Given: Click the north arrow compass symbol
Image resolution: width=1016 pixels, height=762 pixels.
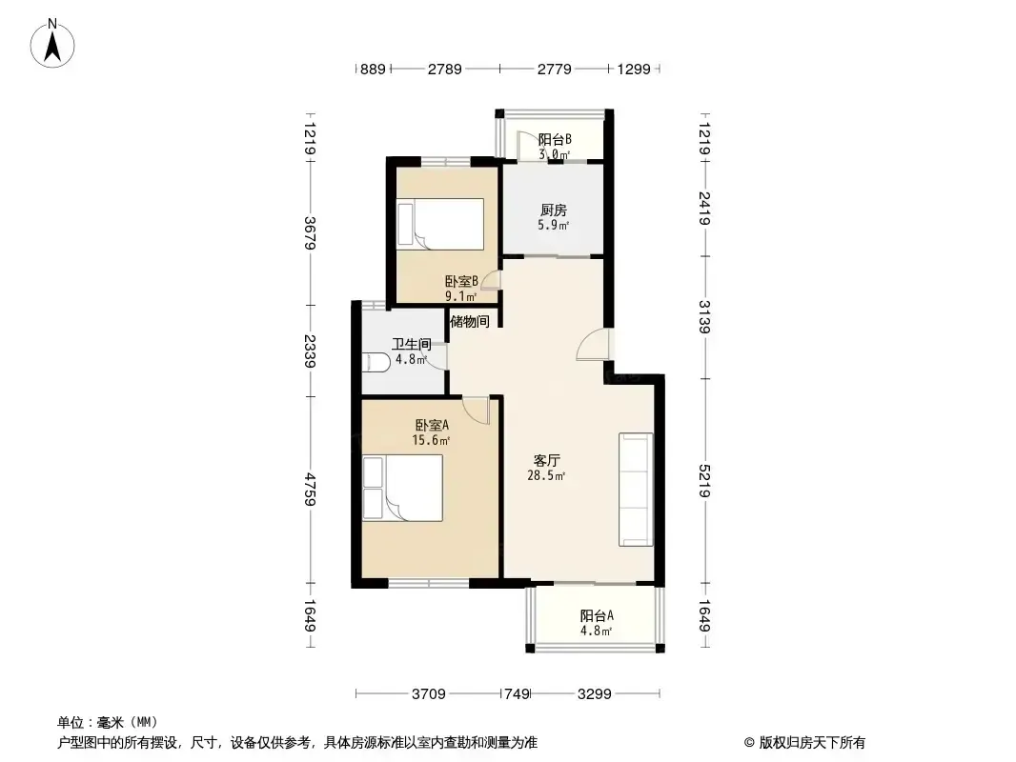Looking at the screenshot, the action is pos(52,43).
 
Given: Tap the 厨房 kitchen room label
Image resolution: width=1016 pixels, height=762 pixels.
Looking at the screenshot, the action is pos(554,210).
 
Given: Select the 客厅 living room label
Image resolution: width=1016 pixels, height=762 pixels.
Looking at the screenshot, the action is pos(546,460).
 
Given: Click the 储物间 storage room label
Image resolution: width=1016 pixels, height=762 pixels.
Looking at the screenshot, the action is pos(470,321).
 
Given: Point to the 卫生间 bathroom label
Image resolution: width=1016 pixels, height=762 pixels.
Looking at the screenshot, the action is pos(412,344).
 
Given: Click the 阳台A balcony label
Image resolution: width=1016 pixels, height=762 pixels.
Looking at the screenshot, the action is pos(597,615).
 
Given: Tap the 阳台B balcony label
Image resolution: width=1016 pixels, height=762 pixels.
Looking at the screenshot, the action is pos(555,139).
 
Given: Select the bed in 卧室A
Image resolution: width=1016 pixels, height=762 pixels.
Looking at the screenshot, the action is pos(402,488).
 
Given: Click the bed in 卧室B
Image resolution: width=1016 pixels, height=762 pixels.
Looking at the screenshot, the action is pos(440,224).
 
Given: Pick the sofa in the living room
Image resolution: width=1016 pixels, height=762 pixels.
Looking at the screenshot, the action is pos(636,490).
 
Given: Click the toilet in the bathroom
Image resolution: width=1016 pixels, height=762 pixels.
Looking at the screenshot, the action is pos(376,362).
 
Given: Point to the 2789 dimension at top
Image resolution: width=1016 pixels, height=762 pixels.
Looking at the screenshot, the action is pos(444,69).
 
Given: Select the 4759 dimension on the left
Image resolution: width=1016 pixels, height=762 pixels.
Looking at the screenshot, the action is pos(311,490).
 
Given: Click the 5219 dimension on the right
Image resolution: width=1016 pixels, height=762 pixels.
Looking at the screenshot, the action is pos(705,481).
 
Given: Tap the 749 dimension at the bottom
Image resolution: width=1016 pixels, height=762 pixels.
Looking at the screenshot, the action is pos(517,694).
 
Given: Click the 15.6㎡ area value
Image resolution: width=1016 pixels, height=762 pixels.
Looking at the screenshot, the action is pos(431,440).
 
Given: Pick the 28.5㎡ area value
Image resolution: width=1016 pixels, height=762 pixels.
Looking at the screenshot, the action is pos(546,475).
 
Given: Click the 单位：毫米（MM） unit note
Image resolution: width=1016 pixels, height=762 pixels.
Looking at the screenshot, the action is pos(108,722).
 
